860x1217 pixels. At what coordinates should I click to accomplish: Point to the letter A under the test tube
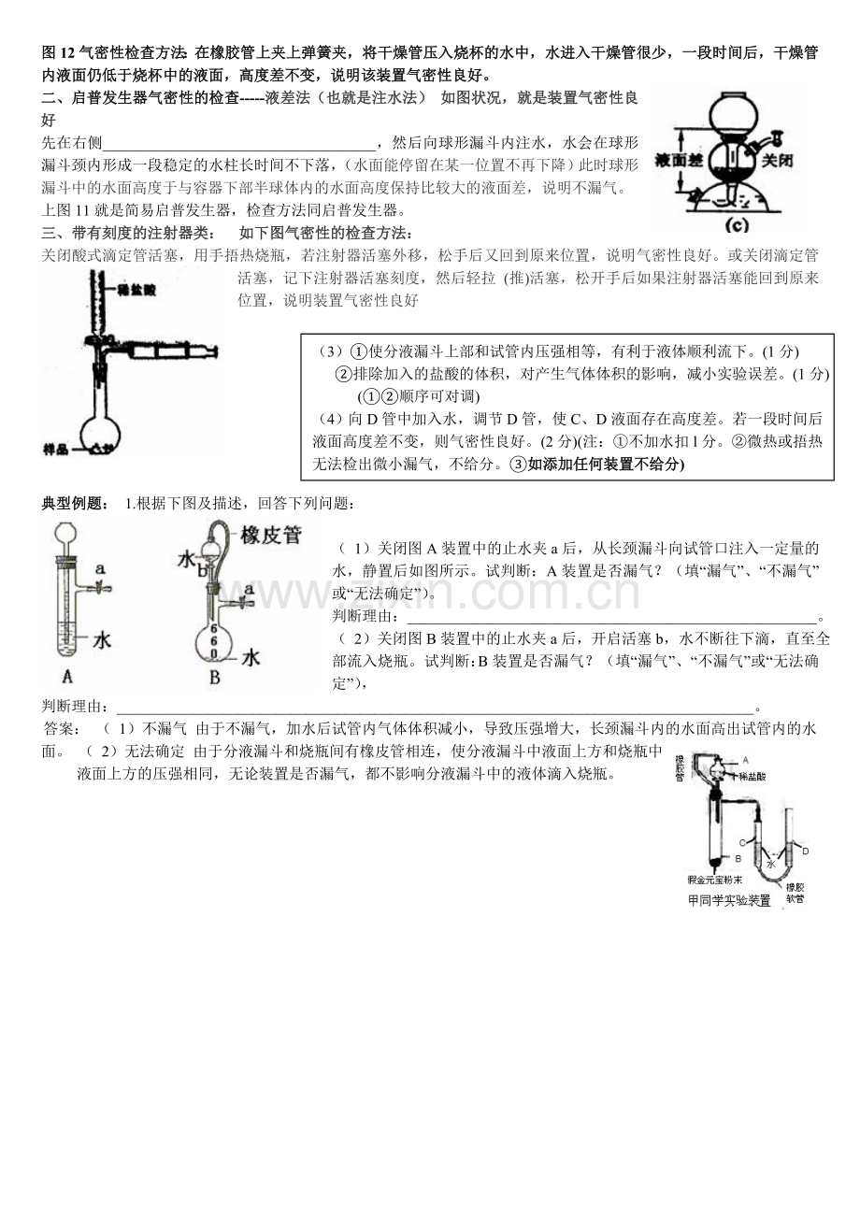[66, 677]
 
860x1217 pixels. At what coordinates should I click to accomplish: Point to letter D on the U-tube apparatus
[806, 850]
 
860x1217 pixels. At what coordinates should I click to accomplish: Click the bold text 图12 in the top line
[60, 53]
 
